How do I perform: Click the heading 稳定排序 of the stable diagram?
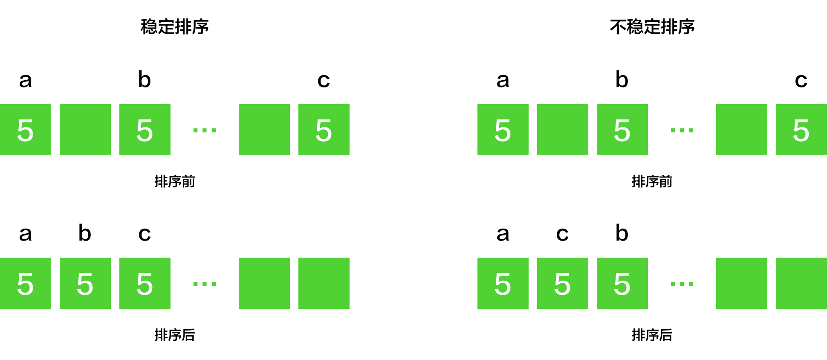(175, 27)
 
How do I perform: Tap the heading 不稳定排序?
(652, 27)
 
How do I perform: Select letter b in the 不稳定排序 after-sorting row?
(622, 233)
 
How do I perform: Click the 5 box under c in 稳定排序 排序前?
(324, 130)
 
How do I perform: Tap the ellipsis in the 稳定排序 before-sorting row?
(205, 130)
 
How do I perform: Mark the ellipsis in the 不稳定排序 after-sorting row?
(682, 283)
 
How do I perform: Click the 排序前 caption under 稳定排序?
(175, 181)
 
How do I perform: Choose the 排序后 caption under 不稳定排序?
(652, 335)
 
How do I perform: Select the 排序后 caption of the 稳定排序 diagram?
(175, 335)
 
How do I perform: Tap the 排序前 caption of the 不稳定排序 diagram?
(652, 181)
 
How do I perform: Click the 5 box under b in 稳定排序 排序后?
(85, 283)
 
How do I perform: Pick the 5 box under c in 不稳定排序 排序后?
(563, 283)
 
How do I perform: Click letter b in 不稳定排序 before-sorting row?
(622, 79)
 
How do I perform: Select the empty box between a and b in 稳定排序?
(85, 130)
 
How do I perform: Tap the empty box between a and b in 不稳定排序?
(563, 130)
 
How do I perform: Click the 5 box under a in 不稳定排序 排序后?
(503, 283)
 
